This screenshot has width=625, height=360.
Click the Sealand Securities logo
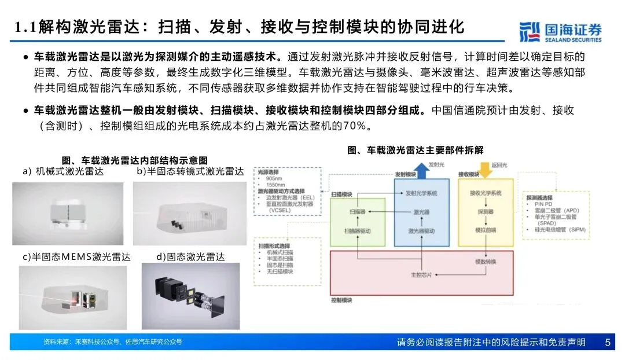click(560, 32)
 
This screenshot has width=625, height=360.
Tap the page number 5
click(608, 342)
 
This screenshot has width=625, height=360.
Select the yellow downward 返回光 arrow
click(485, 169)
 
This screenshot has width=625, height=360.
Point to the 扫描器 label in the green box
click(356, 212)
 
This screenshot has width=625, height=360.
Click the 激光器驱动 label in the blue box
click(421, 230)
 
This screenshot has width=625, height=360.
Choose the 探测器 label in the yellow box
click(485, 212)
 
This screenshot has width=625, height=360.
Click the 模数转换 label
click(485, 262)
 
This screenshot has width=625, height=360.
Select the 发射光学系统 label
click(421, 193)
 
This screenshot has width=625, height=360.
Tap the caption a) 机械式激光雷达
click(64, 171)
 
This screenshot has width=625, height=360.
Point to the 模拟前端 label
click(485, 230)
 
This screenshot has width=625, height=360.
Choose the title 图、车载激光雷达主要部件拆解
click(415, 150)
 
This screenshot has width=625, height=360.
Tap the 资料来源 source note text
click(113, 342)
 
